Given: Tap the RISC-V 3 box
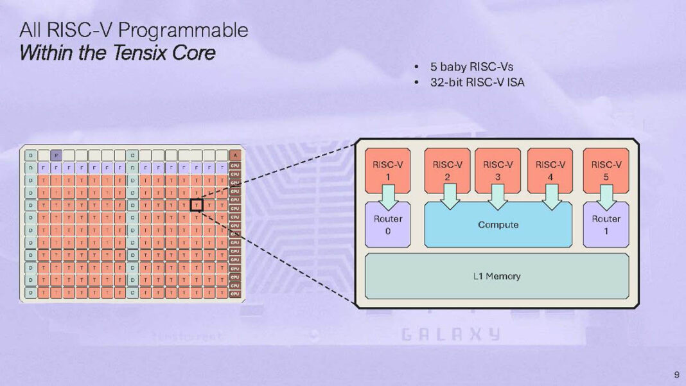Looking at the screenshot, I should coord(498,170).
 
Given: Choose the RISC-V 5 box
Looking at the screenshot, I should coord(606,170).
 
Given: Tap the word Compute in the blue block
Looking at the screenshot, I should coord(498,225).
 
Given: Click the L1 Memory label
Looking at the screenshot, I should coord(497,276).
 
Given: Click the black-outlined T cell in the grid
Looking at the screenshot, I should coord(197,205).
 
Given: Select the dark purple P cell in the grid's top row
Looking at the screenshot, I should coord(56,155).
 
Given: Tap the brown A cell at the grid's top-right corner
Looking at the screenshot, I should coord(235,155).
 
